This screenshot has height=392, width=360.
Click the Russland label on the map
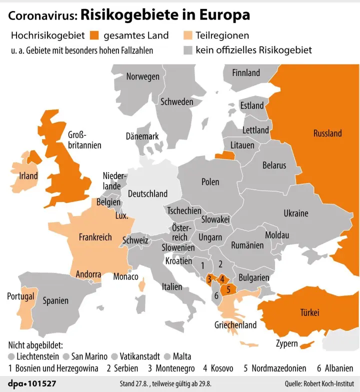pyautogui.click(x=327, y=133)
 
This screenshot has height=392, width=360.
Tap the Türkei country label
pyautogui.click(x=309, y=312)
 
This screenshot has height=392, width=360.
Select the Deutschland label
pyautogui.click(x=147, y=193)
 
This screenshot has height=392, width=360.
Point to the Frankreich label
pyautogui.click(x=95, y=237)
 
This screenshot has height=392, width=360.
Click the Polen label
pyautogui.click(x=210, y=182)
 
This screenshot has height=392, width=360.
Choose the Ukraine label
pyautogui.click(x=296, y=213)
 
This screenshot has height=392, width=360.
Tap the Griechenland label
pyautogui.click(x=235, y=325)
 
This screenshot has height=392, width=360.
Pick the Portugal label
pyautogui.click(x=20, y=296)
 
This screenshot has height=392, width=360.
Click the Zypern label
pyautogui.click(x=287, y=344)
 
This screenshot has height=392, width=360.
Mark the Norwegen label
pyautogui.click(x=143, y=76)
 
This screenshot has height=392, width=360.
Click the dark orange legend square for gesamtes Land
pyautogui.click(x=95, y=35)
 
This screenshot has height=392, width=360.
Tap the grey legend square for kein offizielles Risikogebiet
pyautogui.click(x=187, y=50)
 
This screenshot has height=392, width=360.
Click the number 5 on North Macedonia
pyautogui.click(x=228, y=288)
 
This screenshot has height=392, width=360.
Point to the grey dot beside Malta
pyautogui.click(x=167, y=356)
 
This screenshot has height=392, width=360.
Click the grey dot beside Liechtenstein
pyautogui.click(x=11, y=356)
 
